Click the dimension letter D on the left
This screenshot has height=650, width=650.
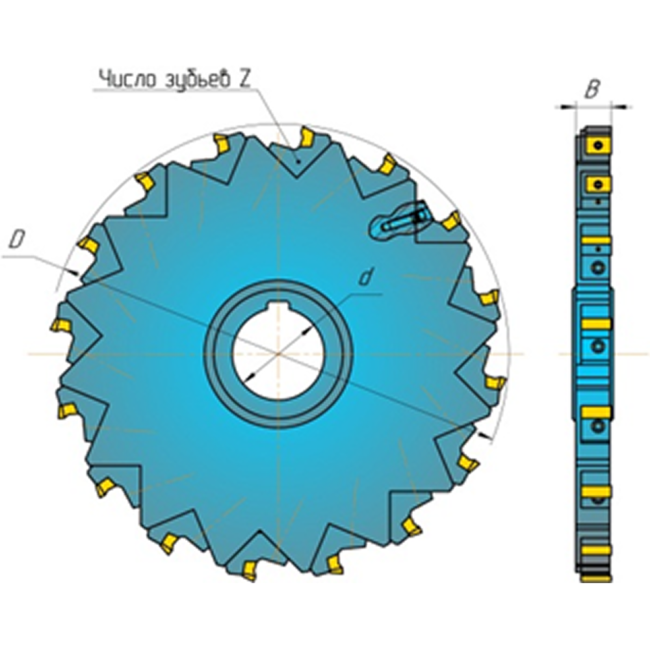pyautogui.click(x=18, y=240)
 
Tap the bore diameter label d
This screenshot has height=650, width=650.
pyautogui.click(x=365, y=278)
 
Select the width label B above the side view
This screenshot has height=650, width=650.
pyautogui.click(x=593, y=90)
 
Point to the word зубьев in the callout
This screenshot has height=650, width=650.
pyautogui.click(x=198, y=79)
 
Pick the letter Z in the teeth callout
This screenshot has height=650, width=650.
pyautogui.click(x=244, y=79)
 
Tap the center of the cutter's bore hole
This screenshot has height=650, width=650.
pyautogui.click(x=279, y=354)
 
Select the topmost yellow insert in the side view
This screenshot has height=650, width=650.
pyautogui.click(x=597, y=146)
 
